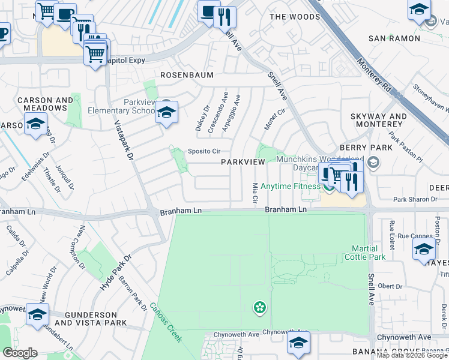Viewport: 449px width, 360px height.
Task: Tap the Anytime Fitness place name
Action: point(291,186)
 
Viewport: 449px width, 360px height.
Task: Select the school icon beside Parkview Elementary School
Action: point(166,112)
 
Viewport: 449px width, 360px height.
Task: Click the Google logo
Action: point(20,353)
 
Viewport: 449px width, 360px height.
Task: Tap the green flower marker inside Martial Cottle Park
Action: point(259,308)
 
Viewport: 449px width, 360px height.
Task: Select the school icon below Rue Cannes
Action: point(423,249)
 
